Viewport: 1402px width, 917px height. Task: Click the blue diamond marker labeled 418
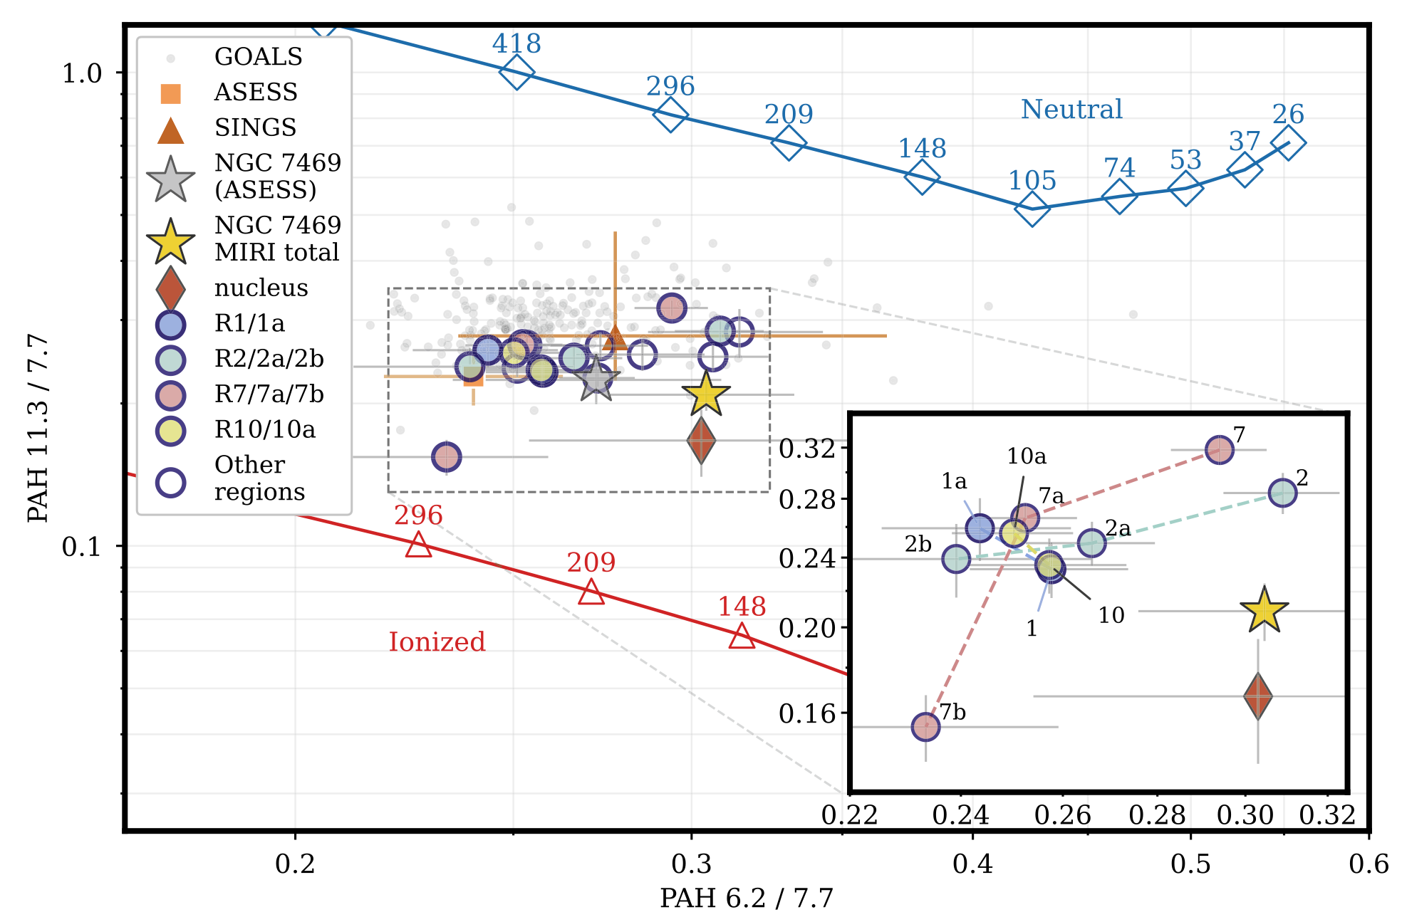coord(516,71)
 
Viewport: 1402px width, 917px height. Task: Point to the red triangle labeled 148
coord(742,636)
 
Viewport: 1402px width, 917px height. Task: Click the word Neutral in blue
coord(1071,110)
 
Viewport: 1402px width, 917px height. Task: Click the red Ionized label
coord(437,642)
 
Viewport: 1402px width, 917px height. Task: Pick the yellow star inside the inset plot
coord(1264,611)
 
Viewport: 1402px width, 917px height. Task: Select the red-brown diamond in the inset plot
coord(1258,696)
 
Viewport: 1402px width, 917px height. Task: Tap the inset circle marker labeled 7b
coord(925,727)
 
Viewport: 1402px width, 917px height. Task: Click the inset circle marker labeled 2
coord(1282,492)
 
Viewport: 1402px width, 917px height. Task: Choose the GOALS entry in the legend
coord(258,57)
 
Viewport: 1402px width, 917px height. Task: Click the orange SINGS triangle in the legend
coord(171,130)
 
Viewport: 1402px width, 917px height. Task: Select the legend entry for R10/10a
coord(264,430)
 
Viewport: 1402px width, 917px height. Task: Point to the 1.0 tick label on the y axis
coord(82,73)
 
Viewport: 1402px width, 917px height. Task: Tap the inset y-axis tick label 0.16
coord(806,713)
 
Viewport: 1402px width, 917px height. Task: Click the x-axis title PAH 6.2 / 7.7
coord(746,898)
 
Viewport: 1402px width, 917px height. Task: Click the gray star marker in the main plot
coord(596,381)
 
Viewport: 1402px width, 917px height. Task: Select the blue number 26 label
coord(1288,114)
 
